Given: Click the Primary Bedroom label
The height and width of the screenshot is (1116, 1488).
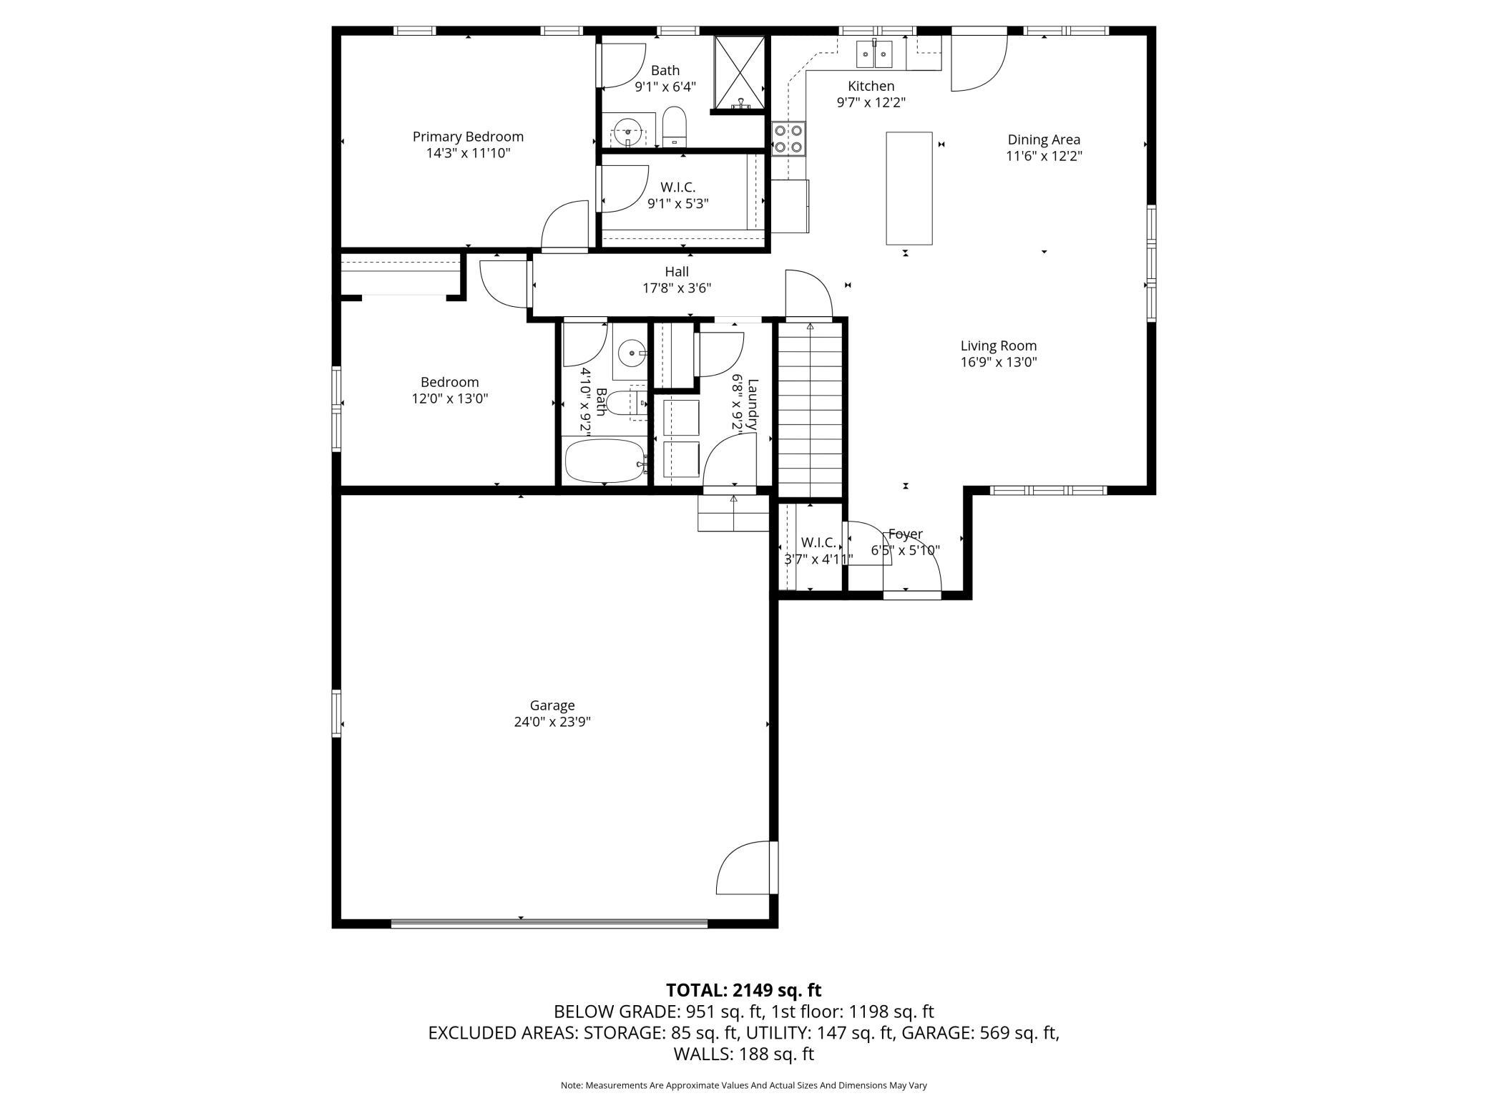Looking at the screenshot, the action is [468, 137].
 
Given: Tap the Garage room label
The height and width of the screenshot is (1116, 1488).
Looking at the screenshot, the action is [552, 705].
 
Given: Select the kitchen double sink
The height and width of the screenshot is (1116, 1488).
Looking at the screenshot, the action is [874, 53].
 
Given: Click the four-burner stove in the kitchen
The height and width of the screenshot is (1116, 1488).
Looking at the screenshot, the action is [788, 139].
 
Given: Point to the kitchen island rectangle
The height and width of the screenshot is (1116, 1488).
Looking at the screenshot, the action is [909, 188].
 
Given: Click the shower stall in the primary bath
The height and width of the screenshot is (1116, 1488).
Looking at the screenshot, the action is [740, 73].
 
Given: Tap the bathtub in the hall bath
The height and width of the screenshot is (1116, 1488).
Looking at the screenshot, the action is [605, 461].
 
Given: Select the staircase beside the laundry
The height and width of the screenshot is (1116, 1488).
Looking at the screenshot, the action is [810, 409].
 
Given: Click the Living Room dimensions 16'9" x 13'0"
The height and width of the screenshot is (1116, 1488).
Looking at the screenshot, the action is [999, 362].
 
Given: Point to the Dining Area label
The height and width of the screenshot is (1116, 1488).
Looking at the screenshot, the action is [1044, 139].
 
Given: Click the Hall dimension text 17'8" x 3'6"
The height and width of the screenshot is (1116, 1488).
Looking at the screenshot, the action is [677, 288].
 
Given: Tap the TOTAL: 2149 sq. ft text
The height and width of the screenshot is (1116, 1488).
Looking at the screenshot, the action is [744, 990].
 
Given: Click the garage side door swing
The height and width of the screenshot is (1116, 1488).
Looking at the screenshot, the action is [744, 867].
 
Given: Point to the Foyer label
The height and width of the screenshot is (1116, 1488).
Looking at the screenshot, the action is [905, 534].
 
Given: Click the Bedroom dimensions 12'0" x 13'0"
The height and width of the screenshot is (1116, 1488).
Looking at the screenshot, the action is [449, 398].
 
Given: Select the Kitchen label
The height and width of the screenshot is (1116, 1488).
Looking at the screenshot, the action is [871, 86].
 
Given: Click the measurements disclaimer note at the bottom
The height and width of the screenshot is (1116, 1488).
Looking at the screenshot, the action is [744, 1085].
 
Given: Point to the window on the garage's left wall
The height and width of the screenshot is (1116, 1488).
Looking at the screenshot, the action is [336, 713].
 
